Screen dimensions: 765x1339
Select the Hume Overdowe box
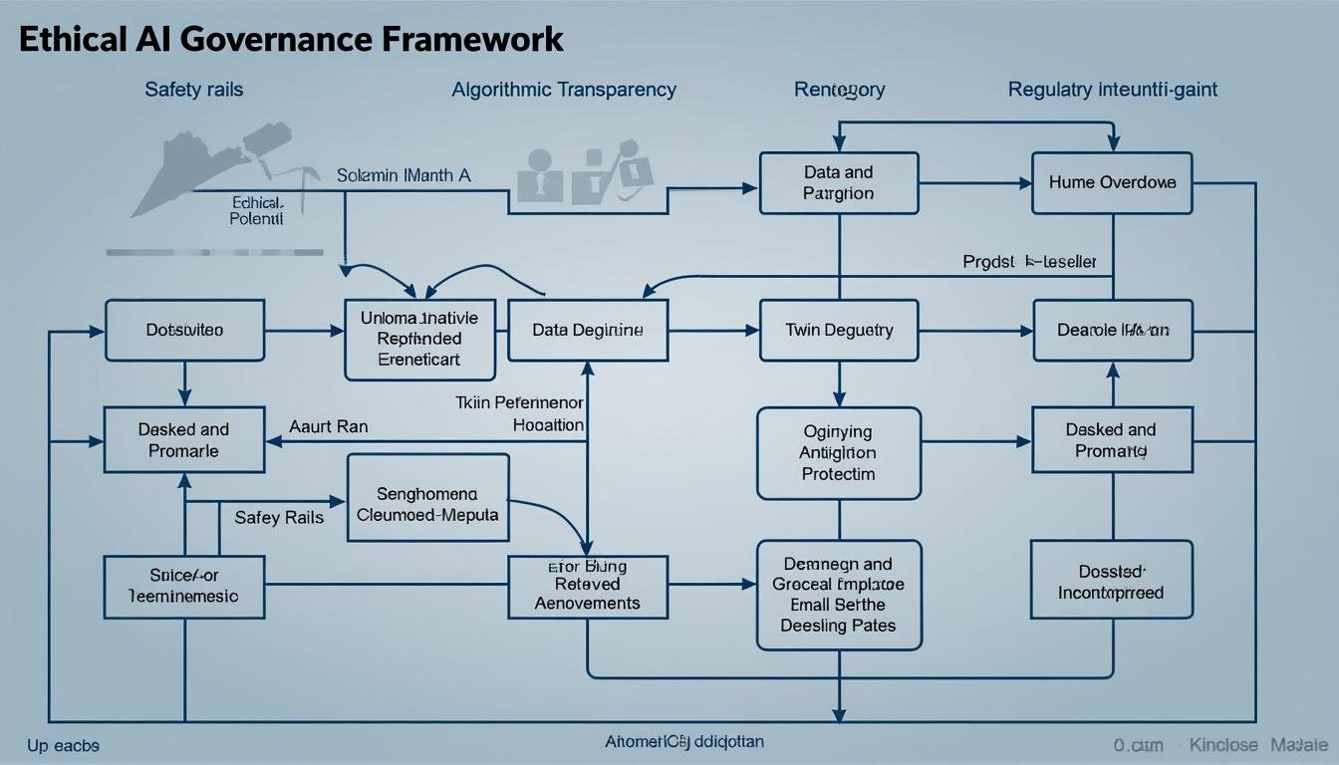tap(1112, 183)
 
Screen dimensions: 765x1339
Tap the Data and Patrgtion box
tap(839, 183)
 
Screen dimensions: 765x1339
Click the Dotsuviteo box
tap(184, 330)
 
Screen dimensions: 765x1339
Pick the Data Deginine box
tap(587, 330)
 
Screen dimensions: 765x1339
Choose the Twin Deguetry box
tap(839, 330)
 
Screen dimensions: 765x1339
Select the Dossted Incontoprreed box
tap(1111, 583)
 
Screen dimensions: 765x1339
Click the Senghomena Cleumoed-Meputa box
tap(427, 505)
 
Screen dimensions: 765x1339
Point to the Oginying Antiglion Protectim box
tap(839, 453)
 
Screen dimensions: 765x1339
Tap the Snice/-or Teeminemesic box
tap(184, 587)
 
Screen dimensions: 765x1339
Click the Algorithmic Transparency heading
tap(564, 90)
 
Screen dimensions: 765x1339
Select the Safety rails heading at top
tap(194, 90)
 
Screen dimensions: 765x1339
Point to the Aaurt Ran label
tap(328, 426)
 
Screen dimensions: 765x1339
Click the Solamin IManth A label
tap(403, 175)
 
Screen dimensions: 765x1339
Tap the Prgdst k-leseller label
tap(1029, 262)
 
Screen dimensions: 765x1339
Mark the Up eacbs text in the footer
tap(63, 745)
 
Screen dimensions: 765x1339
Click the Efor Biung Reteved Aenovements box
tap(587, 586)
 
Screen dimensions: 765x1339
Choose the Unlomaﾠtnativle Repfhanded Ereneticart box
tap(419, 340)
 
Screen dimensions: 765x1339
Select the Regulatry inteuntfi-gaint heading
tap(1112, 90)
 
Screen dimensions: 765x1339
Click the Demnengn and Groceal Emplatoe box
tap(839, 595)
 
